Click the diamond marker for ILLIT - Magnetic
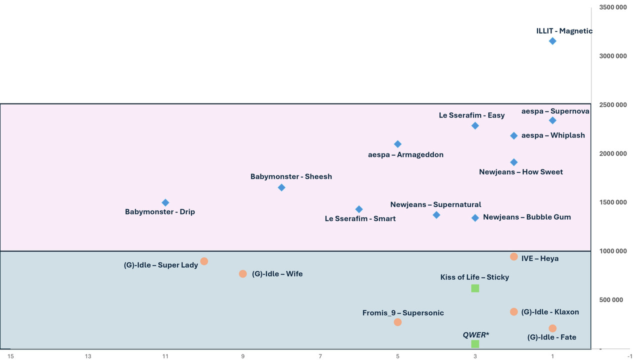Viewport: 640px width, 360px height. pyautogui.click(x=552, y=41)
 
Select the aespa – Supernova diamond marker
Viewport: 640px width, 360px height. pyautogui.click(x=552, y=120)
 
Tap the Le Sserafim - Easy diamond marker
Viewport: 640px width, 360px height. pyautogui.click(x=475, y=125)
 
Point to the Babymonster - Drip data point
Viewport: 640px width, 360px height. pyautogui.click(x=165, y=202)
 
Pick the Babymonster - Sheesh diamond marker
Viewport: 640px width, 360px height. pyautogui.click(x=281, y=187)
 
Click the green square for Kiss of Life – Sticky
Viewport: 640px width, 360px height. pyautogui.click(x=475, y=288)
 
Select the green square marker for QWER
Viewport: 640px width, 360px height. pyautogui.click(x=475, y=344)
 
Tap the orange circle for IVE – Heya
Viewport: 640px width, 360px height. pyautogui.click(x=513, y=257)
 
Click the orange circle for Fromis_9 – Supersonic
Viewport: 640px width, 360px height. pyautogui.click(x=397, y=322)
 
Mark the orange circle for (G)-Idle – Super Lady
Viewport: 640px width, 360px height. pyautogui.click(x=204, y=261)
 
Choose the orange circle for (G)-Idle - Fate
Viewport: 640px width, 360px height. pyautogui.click(x=552, y=328)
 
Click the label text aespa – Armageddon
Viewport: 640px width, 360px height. pyautogui.click(x=405, y=155)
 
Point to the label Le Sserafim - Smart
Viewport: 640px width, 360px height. pyautogui.click(x=360, y=219)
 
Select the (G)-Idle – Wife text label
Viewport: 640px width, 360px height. pyautogui.click(x=277, y=274)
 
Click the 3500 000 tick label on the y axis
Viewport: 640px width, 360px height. pyautogui.click(x=612, y=7)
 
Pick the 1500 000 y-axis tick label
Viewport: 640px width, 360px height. pyautogui.click(x=612, y=202)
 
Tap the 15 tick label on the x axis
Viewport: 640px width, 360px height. pyautogui.click(x=10, y=356)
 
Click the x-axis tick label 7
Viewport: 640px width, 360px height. pyautogui.click(x=320, y=356)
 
